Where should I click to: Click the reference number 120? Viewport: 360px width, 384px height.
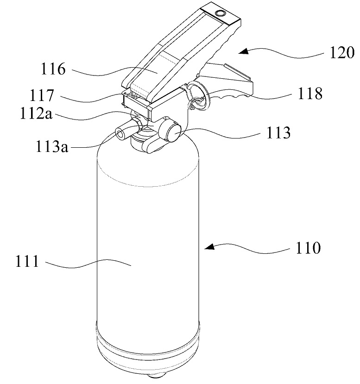pos(342,52)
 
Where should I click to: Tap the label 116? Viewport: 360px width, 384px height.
pos(53,69)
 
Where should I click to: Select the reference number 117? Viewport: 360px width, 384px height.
pos(42,95)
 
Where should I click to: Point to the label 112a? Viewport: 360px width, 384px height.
pos(36,113)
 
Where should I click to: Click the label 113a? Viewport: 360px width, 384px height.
pos(52,147)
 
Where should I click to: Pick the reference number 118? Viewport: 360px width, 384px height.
pos(310,93)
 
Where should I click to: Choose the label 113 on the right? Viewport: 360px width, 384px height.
pos(278,133)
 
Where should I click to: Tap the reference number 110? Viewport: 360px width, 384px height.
pos(308,248)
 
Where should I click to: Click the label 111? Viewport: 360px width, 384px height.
pos(27,261)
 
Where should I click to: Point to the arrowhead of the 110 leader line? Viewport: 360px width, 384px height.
pos(209,246)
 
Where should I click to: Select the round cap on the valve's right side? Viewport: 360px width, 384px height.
pos(174,134)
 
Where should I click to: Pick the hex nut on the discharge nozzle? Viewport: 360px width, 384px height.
pos(137,123)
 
